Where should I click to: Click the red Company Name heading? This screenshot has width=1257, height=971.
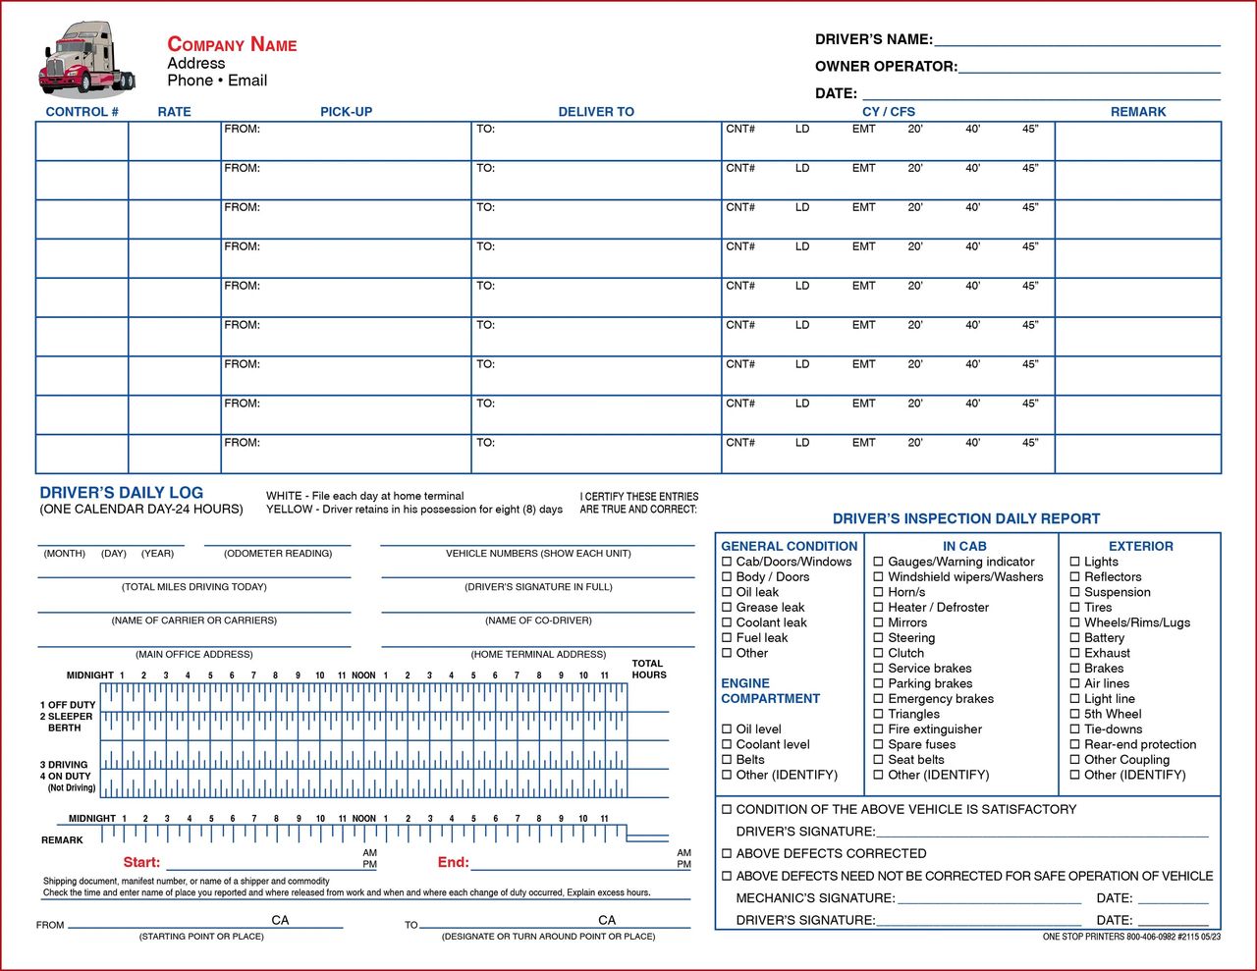(x=232, y=44)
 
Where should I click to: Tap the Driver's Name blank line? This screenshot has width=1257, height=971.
(x=1076, y=39)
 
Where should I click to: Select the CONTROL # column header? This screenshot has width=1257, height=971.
(x=82, y=112)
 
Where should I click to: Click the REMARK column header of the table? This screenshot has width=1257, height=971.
(x=1138, y=112)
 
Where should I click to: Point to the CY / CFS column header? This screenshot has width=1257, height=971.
(x=888, y=112)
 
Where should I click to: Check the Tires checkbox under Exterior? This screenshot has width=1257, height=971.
(x=1075, y=608)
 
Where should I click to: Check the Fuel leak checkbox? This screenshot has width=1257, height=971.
(x=728, y=638)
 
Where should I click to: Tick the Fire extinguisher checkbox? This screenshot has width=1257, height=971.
(x=879, y=729)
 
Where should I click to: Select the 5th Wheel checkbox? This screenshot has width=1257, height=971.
(x=1075, y=715)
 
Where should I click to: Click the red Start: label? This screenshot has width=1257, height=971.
(x=141, y=863)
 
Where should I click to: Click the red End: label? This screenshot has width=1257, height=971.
(x=453, y=863)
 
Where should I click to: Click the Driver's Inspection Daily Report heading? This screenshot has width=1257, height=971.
(x=966, y=518)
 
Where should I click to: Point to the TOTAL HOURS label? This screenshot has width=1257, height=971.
(x=648, y=670)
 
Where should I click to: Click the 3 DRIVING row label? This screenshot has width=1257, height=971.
(x=64, y=765)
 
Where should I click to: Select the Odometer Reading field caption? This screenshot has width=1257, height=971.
(x=278, y=554)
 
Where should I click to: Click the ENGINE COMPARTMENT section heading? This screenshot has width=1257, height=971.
(x=770, y=691)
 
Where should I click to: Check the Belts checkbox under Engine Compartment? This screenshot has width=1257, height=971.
(x=728, y=760)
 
